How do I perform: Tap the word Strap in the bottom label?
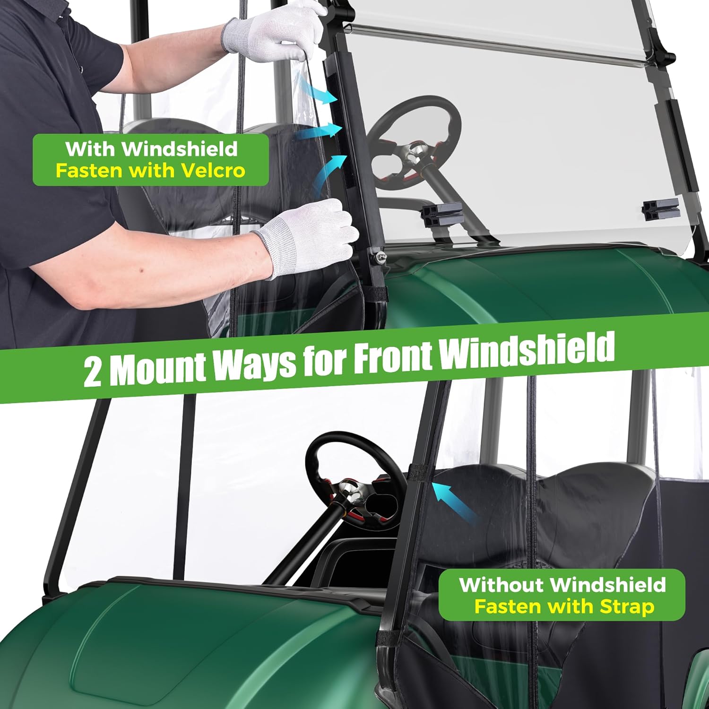(x=627, y=606)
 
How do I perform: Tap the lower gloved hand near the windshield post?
(x=307, y=236)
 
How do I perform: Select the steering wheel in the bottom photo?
(x=354, y=477)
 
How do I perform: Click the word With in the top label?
(x=90, y=149)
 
